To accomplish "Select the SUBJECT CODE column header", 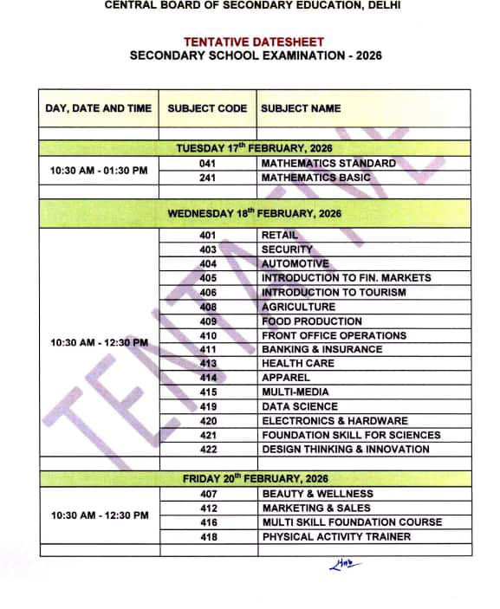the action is (208, 109).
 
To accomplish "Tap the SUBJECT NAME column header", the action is (301, 109).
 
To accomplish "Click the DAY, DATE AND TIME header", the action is (99, 109).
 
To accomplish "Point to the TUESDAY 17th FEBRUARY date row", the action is (255, 148).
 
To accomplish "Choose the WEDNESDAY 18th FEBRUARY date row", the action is (255, 213).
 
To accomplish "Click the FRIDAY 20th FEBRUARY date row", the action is (255, 478).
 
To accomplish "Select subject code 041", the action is (208, 163).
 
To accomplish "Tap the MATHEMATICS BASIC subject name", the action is (315, 178).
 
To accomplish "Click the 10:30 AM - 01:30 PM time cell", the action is (99, 171).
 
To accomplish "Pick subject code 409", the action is (208, 321).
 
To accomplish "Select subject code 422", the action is (208, 449).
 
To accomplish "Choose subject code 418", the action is (208, 536).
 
